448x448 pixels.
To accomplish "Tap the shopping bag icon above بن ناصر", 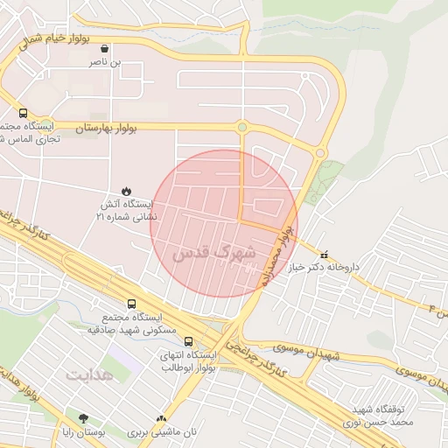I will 105,50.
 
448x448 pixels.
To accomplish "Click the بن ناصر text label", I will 105,64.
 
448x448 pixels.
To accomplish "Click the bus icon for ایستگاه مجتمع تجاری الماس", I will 23,113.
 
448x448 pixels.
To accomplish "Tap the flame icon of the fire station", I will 127,190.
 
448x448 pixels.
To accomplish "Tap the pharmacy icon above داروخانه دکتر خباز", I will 325,255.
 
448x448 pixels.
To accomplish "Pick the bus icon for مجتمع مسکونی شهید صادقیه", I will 131,304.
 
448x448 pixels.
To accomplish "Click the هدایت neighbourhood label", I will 88,374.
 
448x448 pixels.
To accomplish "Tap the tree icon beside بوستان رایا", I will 83,418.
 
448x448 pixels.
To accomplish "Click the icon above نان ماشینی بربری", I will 161,418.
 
